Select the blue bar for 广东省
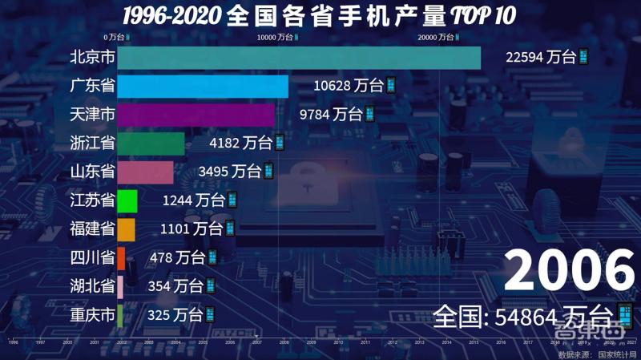coord(203,87)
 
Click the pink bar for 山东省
coord(145,172)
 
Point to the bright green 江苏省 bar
coord(127,200)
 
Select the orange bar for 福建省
coord(126,229)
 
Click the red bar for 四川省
coord(121,257)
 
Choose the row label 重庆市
coord(92,314)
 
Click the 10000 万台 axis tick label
coord(276,37)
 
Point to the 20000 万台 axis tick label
coord(439,37)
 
